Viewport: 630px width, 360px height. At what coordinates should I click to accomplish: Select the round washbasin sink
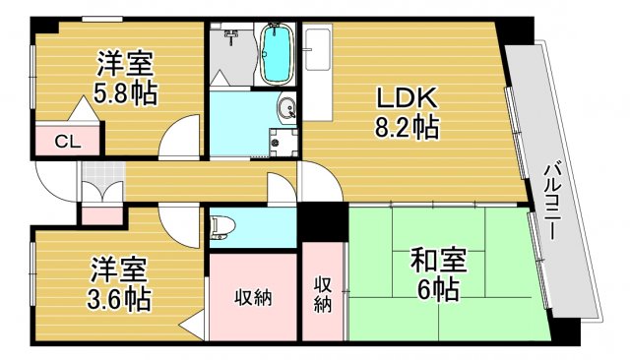pyautogui.click(x=284, y=110)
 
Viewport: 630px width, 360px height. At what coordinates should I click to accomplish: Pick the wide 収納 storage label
pyautogui.click(x=252, y=298)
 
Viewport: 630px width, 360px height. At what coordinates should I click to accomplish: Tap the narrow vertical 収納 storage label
pyautogui.click(x=323, y=294)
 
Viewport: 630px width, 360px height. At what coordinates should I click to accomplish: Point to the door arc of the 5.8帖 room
pyautogui.click(x=180, y=139)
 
